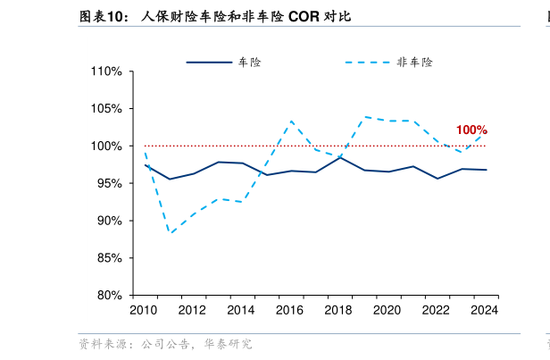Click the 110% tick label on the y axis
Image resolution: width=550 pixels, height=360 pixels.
coord(108,71)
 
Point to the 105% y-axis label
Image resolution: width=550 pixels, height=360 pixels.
coord(108,109)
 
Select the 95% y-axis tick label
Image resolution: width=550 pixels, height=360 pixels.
coord(111,183)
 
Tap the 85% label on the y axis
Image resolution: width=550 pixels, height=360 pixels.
coord(111,258)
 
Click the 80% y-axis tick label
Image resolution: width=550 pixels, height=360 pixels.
coord(111,296)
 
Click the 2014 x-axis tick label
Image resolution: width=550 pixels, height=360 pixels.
coord(241,311)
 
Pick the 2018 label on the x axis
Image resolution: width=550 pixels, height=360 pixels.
coord(338,311)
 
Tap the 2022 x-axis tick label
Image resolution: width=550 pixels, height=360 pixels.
coord(436,311)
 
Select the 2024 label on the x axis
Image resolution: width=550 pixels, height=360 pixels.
coord(485,311)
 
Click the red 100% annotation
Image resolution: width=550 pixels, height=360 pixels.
coord(471,130)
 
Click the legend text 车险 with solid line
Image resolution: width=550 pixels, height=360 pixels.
coord(249,63)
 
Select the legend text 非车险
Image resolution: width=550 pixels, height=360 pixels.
coord(414,63)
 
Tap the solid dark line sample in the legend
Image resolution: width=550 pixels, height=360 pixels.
coord(208,63)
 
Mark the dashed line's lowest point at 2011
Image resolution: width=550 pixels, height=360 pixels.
coord(170,233)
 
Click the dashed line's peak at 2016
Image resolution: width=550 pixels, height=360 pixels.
coord(291,121)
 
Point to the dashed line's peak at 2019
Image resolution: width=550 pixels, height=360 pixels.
coord(364,116)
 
